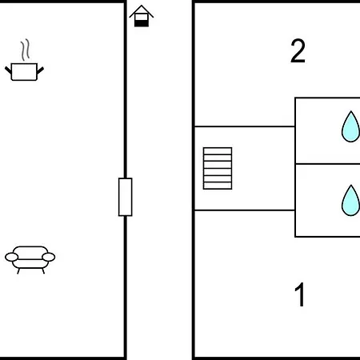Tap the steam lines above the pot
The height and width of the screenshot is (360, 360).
pos(26,50)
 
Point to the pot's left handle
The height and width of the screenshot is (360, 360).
pos(8,70)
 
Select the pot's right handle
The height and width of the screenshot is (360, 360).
pos(40,70)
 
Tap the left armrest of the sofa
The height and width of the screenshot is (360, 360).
pos(11,257)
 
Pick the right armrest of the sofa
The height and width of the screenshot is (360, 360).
pos(49,257)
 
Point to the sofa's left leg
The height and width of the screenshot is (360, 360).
pos(18,271)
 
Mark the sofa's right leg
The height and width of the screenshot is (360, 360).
pos(43,271)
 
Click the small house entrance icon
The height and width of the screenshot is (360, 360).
pos(142,16)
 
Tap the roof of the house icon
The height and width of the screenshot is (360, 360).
pos(142,11)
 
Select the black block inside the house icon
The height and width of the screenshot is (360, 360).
pos(142,23)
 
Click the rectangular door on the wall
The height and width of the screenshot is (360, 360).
pos(126,197)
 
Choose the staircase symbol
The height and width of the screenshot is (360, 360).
pos(218,168)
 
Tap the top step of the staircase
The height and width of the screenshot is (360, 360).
pos(218,151)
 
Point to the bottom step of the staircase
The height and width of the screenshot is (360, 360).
pos(218,186)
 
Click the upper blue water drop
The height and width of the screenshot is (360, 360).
pos(351,126)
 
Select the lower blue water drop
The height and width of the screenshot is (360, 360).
pos(351,200)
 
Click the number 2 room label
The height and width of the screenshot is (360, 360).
pos(298,51)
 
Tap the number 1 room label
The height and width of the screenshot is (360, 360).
pos(300,294)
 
